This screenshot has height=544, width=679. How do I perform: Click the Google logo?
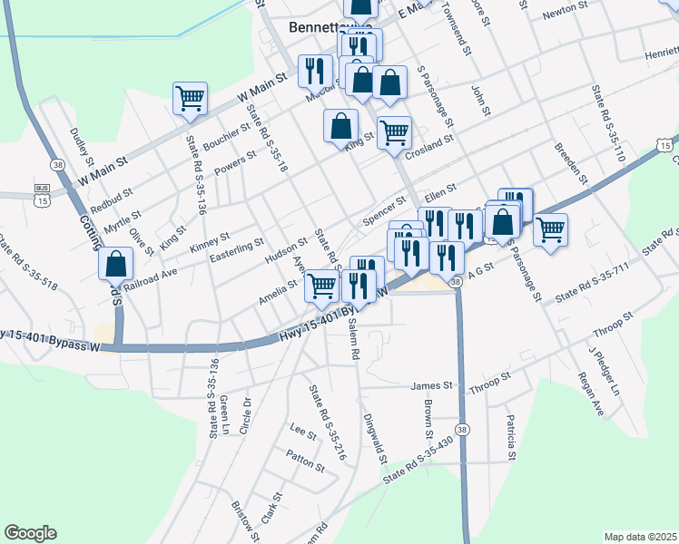click(30, 533)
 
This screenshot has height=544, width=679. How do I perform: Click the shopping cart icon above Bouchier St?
click(191, 97)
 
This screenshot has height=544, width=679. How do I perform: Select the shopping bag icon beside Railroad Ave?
click(116, 265)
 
